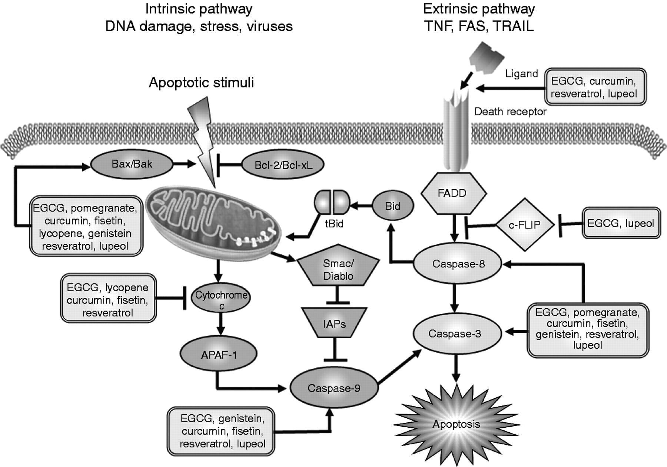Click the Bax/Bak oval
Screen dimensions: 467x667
[132, 164]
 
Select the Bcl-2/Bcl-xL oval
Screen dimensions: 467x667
[283, 165]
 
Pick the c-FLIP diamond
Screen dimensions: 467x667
[525, 225]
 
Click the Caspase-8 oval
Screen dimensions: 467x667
[458, 264]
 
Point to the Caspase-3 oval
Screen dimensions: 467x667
[455, 333]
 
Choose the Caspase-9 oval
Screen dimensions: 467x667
[334, 388]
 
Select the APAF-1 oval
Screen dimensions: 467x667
[219, 355]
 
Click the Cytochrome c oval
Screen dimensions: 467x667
[221, 299]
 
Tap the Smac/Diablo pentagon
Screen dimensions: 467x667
[338, 270]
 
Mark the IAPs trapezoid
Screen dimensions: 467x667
[334, 323]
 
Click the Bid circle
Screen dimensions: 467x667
[392, 206]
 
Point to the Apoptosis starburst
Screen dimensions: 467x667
[456, 424]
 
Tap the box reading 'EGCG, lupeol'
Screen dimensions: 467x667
[621, 223]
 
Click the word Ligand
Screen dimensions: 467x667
[521, 73]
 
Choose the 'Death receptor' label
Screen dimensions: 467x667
[510, 112]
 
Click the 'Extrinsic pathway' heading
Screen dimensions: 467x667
[479, 9]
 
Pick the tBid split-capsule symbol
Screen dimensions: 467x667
[332, 203]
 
